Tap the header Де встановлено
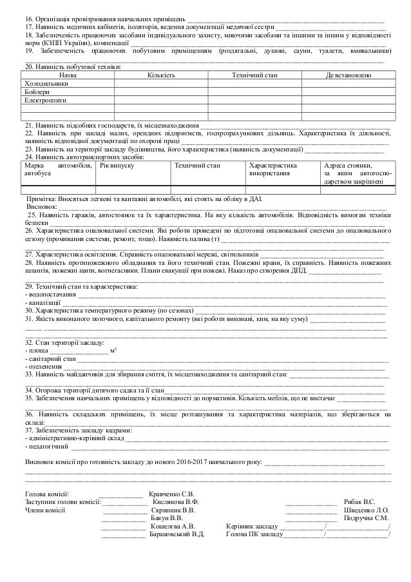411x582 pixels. coord(348,75)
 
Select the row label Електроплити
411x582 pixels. coord(44,101)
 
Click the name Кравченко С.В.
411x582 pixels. coord(171,494)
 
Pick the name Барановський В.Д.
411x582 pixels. coord(177,534)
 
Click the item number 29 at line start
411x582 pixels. coord(28,286)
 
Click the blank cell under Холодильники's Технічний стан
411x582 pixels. coord(254,84)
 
